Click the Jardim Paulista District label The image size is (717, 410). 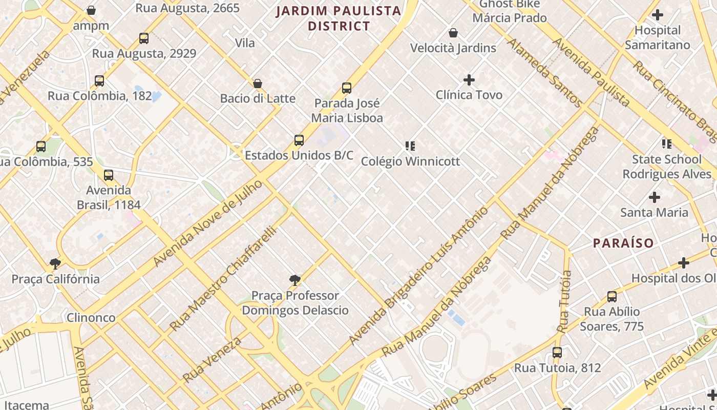coord(339,18)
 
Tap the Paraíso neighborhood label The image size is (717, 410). coord(623,243)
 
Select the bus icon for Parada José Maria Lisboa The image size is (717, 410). coord(347,88)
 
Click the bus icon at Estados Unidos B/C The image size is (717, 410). coord(299,140)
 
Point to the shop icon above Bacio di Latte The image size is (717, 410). coord(258,83)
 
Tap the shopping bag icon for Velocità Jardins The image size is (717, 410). coord(453,33)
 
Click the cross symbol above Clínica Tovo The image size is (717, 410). coord(469,79)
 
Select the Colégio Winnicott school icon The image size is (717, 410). coord(410,146)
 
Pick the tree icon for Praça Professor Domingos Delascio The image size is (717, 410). coord(295,280)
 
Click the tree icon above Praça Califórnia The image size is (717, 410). coord(55,263)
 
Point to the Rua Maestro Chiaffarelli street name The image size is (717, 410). coord(223,278)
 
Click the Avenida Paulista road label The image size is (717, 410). coord(592,72)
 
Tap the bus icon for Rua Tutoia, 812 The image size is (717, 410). coord(557,353)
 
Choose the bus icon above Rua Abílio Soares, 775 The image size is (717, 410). coord(612,296)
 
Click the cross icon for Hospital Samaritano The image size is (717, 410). coord(658,15)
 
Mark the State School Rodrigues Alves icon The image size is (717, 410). coord(666,143)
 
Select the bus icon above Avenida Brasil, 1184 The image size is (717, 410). coord(109,175)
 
